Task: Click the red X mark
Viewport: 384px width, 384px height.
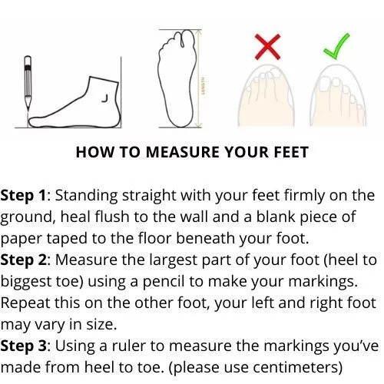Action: pyautogui.click(x=267, y=47)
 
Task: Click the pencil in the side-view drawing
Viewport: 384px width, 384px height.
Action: pyautogui.click(x=28, y=83)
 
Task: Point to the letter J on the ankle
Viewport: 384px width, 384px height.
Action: pyautogui.click(x=105, y=98)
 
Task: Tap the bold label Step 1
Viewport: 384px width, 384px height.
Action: pyautogui.click(x=23, y=196)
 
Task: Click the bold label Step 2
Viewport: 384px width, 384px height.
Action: pyautogui.click(x=24, y=260)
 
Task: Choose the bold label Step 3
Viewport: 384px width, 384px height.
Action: pyautogui.click(x=24, y=346)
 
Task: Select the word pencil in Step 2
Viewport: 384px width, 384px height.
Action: pyautogui.click(x=164, y=282)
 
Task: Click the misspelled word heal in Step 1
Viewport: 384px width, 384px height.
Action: pyautogui.click(x=75, y=217)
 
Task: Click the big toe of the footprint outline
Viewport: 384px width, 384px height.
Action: pyautogui.click(x=189, y=39)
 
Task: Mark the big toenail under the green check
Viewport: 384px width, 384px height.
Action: pyautogui.click(x=325, y=84)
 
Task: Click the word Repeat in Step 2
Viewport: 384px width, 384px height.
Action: pyautogui.click(x=25, y=303)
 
